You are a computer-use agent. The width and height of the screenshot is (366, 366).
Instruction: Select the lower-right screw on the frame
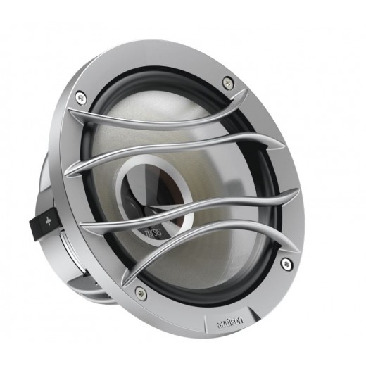[286, 263]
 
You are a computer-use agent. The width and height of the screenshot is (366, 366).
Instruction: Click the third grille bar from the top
[190, 204]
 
